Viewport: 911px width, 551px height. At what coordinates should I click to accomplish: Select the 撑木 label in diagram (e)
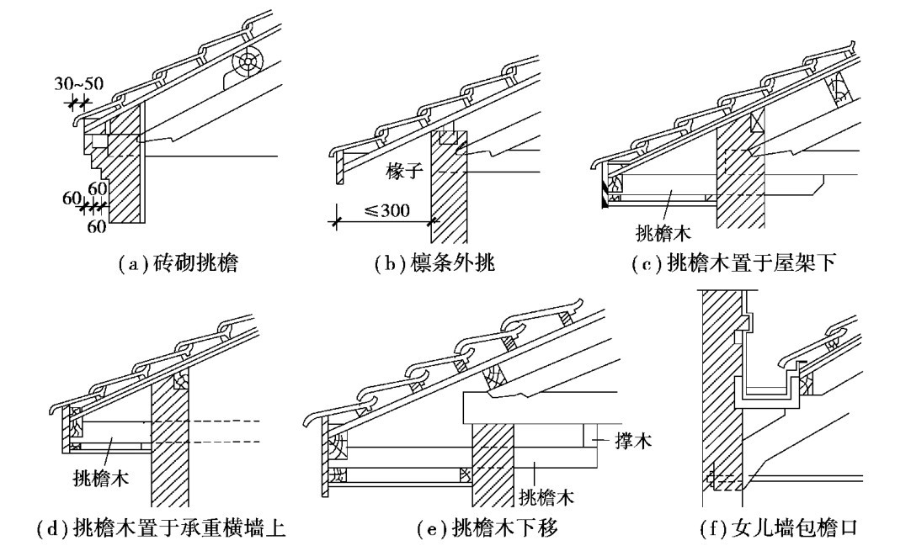pyautogui.click(x=622, y=440)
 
